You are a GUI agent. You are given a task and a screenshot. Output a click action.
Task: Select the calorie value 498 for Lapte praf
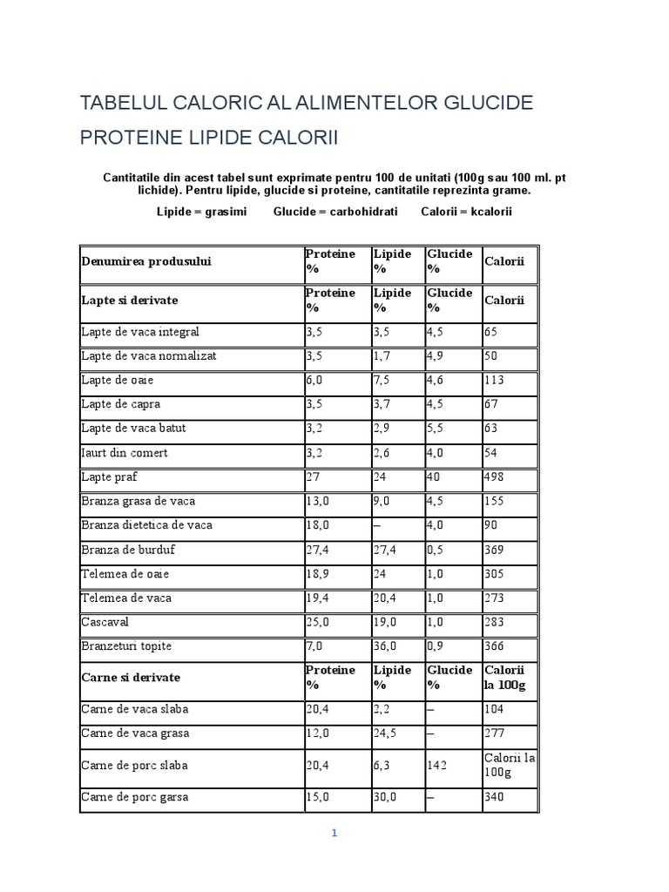(494, 477)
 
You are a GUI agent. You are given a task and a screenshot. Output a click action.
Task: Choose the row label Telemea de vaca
(126, 598)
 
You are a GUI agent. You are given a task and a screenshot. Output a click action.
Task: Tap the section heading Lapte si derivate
(129, 300)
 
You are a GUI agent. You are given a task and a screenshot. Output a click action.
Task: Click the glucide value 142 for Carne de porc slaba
(437, 766)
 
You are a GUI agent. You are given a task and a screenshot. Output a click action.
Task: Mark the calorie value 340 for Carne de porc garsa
(494, 797)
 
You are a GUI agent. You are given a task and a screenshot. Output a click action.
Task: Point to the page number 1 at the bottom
(334, 833)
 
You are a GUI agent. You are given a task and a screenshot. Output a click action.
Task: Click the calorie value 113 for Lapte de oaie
(494, 381)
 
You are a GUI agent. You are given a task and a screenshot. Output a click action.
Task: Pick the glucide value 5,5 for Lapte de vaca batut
(436, 429)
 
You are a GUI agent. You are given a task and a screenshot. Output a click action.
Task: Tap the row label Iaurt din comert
(125, 453)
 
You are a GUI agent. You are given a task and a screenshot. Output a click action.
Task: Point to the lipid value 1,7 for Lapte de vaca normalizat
(382, 356)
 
